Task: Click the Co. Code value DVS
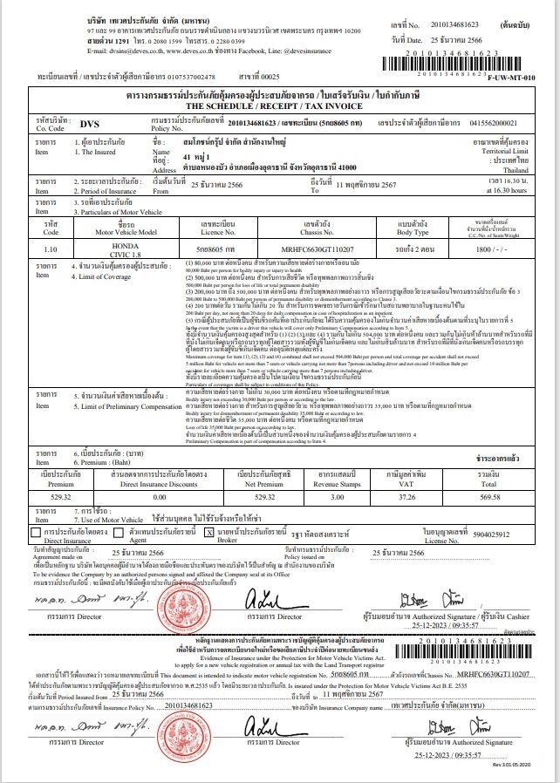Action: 90,124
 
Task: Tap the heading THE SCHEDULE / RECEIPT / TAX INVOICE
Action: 280,105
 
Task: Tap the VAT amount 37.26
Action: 406,496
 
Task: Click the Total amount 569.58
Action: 489,496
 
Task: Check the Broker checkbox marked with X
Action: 208,531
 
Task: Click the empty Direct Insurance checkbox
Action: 35,531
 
